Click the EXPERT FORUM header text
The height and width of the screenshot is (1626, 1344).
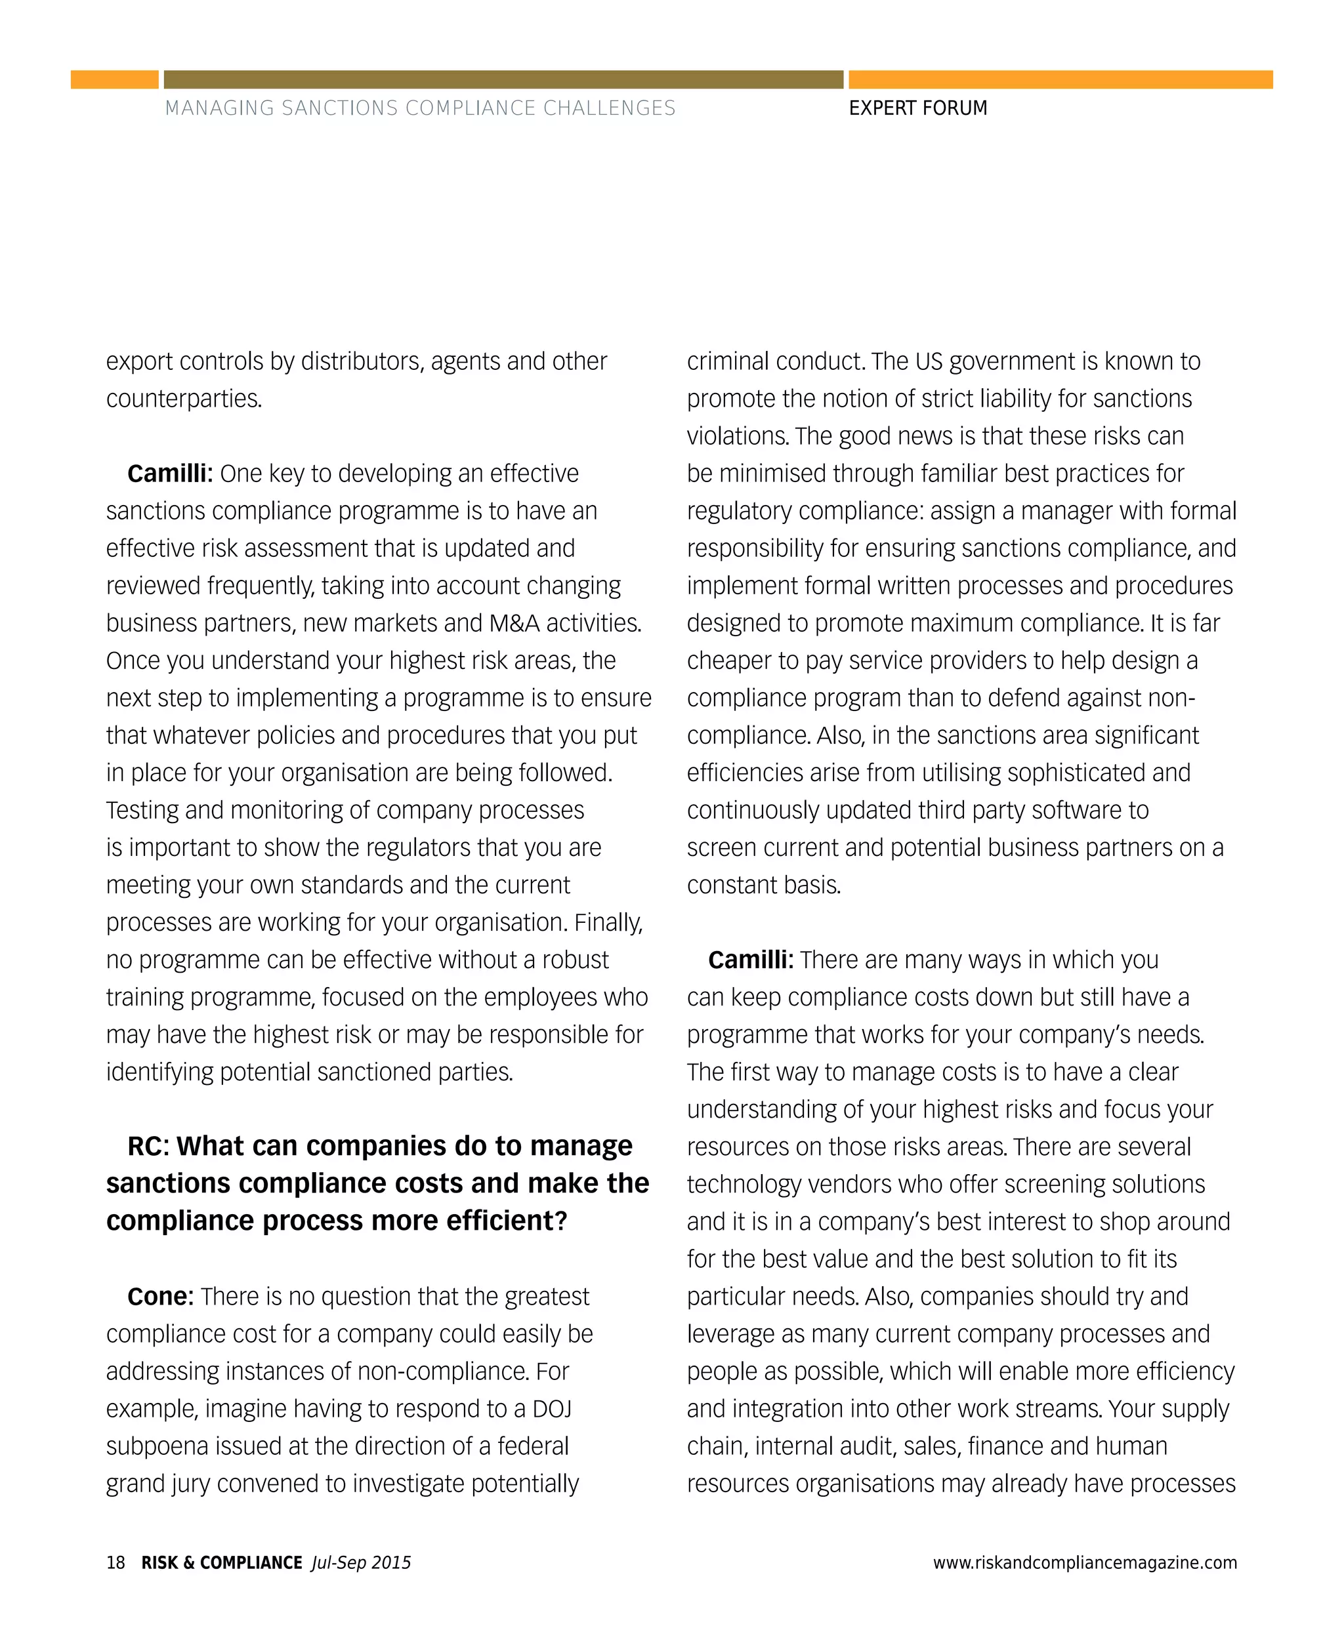(917, 108)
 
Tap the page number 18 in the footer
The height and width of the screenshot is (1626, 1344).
(115, 1562)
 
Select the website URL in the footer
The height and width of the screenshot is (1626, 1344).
(1085, 1562)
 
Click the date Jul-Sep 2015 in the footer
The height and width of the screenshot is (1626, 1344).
(361, 1562)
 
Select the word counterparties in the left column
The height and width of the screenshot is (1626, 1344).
(184, 399)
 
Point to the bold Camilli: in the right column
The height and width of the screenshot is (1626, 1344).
(750, 960)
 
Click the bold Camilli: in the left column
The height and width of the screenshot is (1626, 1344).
(169, 474)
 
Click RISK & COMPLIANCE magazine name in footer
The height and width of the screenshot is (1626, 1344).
(221, 1562)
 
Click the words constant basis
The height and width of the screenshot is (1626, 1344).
(763, 885)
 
